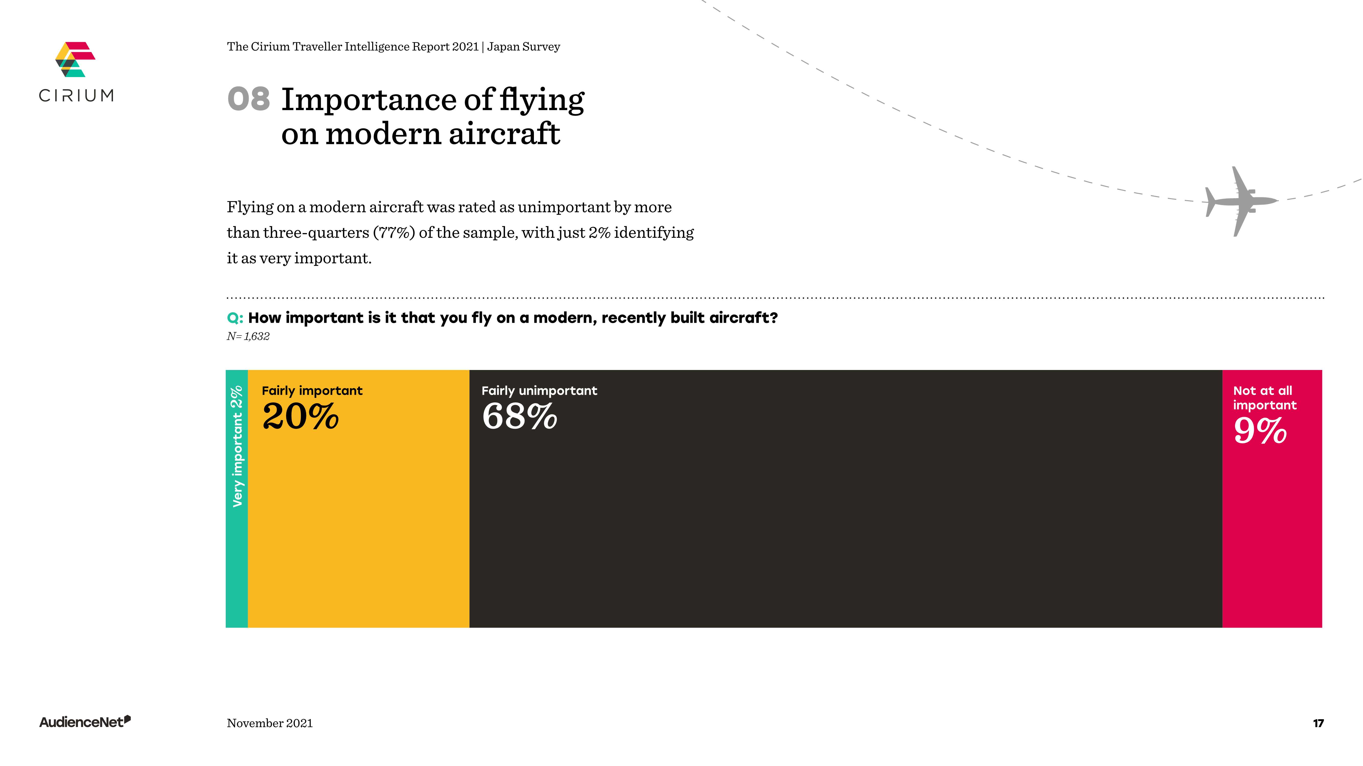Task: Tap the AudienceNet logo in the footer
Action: pyautogui.click(x=85, y=722)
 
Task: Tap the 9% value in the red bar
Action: pyautogui.click(x=1260, y=431)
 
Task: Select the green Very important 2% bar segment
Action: pyautogui.click(x=236, y=498)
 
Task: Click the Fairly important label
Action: pyautogui.click(x=312, y=391)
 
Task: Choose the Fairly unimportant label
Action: pyautogui.click(x=539, y=391)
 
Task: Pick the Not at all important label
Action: pyautogui.click(x=1264, y=398)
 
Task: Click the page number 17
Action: pyautogui.click(x=1318, y=723)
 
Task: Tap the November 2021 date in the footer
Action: pyautogui.click(x=269, y=723)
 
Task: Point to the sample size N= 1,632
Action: pyautogui.click(x=248, y=336)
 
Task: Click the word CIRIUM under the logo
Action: pyautogui.click(x=76, y=96)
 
